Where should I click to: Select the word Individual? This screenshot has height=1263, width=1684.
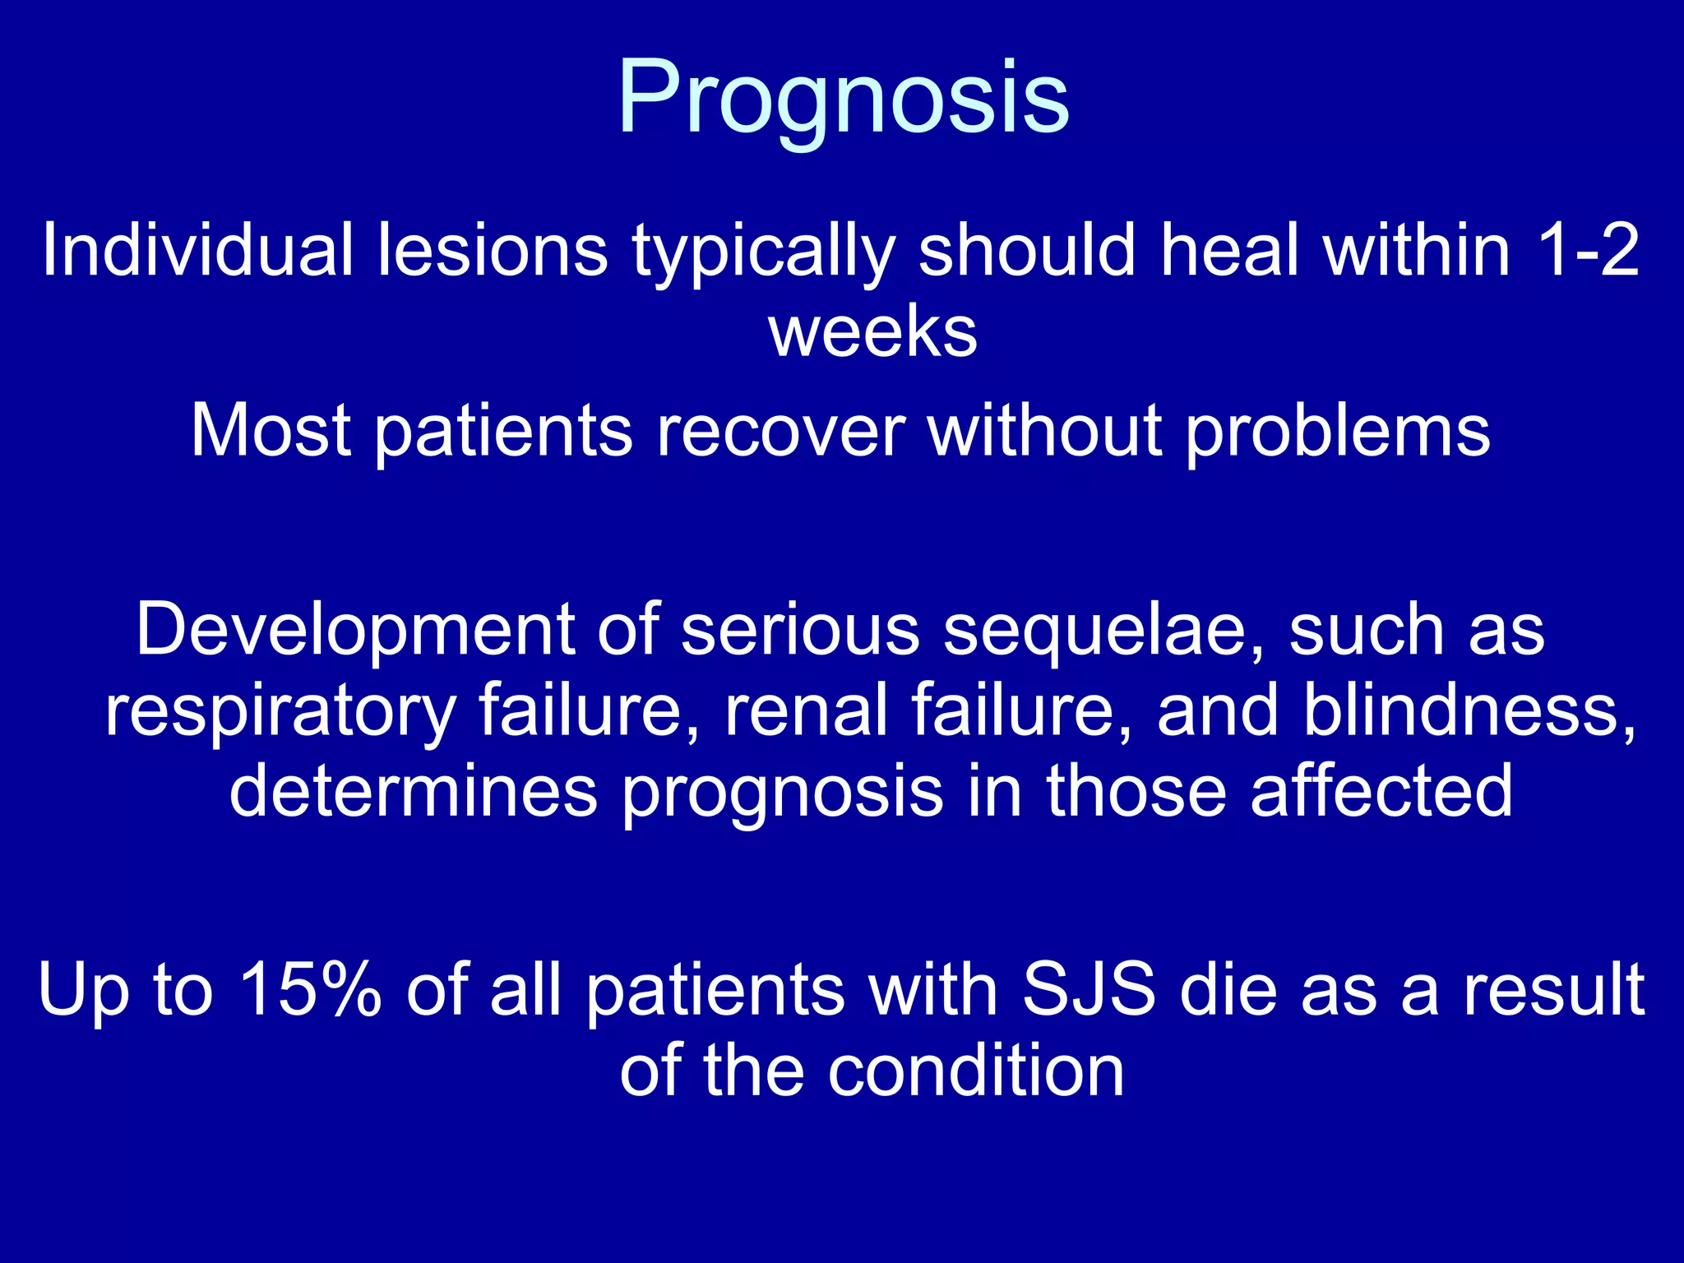pos(197,250)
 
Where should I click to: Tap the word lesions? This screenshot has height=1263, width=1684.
pos(493,250)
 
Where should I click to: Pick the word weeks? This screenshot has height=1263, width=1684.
pos(872,332)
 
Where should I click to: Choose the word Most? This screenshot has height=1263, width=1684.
pos(271,431)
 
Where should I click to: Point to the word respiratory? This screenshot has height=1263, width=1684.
pos(280,712)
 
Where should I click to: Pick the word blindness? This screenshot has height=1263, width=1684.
pos(1469,710)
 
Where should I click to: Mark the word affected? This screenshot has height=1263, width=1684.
pos(1381,791)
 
